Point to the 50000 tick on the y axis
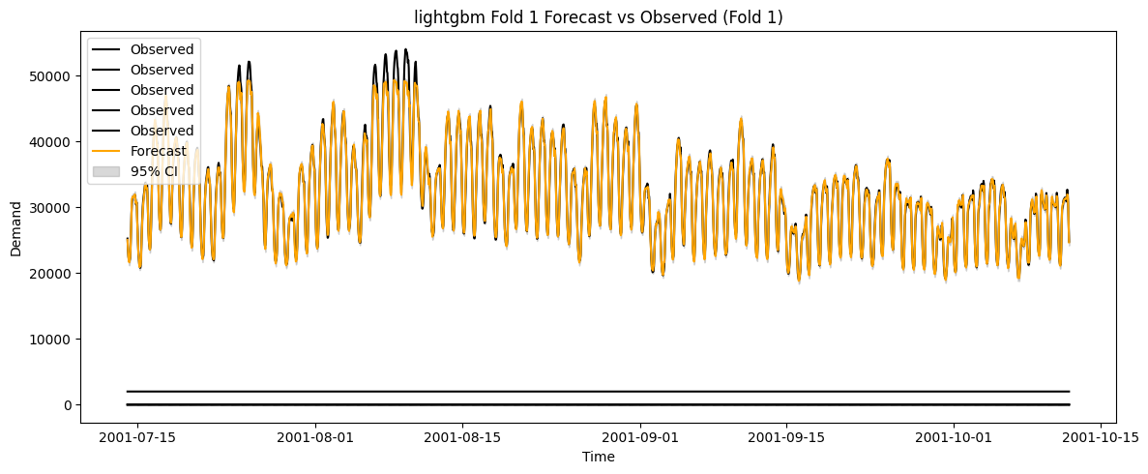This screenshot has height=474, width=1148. click(x=50, y=75)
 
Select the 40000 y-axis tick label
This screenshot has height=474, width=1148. click(x=50, y=141)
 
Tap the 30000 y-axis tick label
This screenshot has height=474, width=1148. click(x=50, y=207)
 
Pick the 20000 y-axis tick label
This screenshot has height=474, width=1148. click(x=50, y=273)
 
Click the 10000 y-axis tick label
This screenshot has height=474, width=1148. click(x=50, y=339)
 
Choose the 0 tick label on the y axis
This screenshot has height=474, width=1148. click(x=67, y=404)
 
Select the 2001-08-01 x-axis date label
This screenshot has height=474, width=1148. click(x=315, y=437)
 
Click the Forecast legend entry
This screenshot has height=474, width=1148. click(x=159, y=151)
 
